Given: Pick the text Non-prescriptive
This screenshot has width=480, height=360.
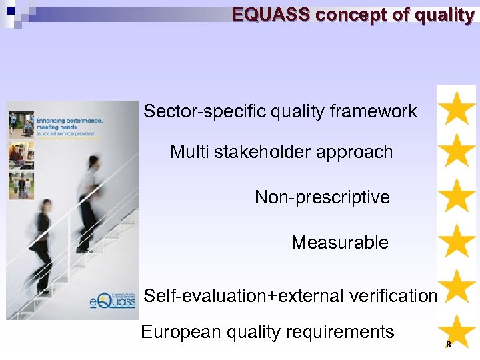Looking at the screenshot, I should tap(322, 197).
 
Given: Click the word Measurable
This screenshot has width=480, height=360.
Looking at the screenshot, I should tap(339, 243).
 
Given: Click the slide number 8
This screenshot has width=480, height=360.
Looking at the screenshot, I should tap(449, 345).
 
